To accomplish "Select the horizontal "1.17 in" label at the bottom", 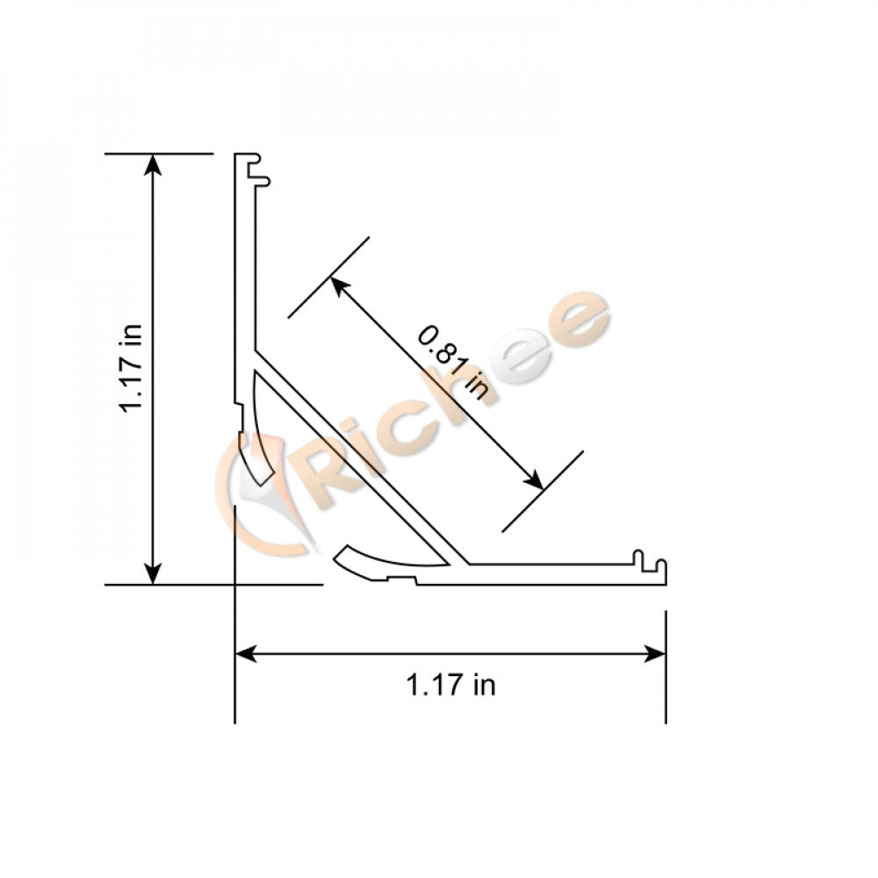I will pos(450,685).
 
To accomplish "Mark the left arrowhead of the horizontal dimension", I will pos(246,653).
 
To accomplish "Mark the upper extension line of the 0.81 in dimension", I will pos(329,277).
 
